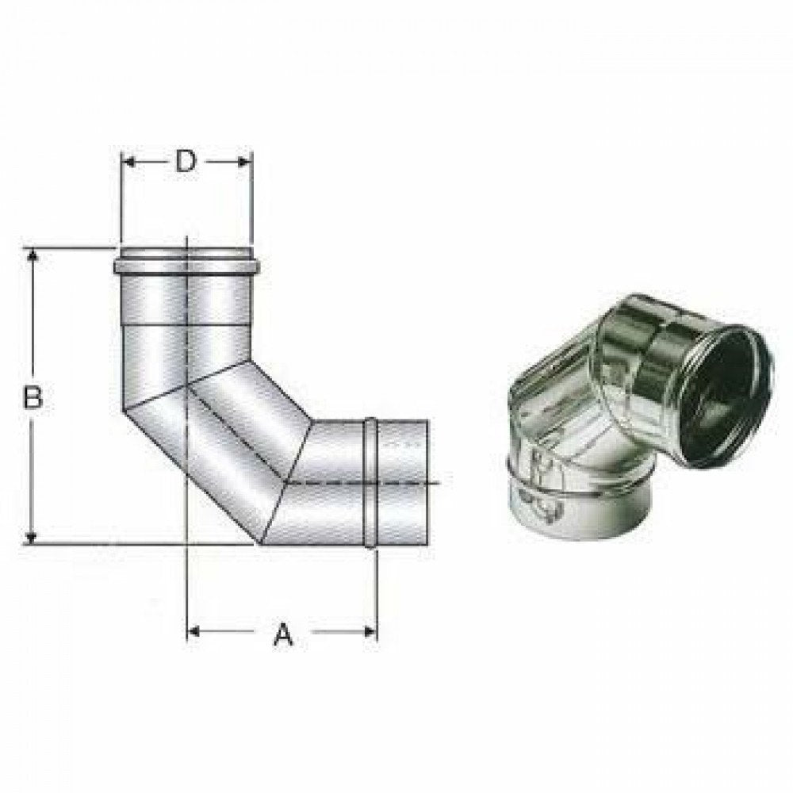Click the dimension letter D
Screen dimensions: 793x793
click(185, 161)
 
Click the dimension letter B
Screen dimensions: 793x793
click(32, 396)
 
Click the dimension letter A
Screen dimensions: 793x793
click(282, 634)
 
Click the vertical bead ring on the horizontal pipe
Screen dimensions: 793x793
click(370, 484)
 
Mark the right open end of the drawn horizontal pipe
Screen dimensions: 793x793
click(428, 484)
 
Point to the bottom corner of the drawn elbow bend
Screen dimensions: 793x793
click(258, 544)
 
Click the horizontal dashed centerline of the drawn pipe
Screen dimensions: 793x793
click(357, 483)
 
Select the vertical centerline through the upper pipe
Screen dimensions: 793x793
click(186, 317)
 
